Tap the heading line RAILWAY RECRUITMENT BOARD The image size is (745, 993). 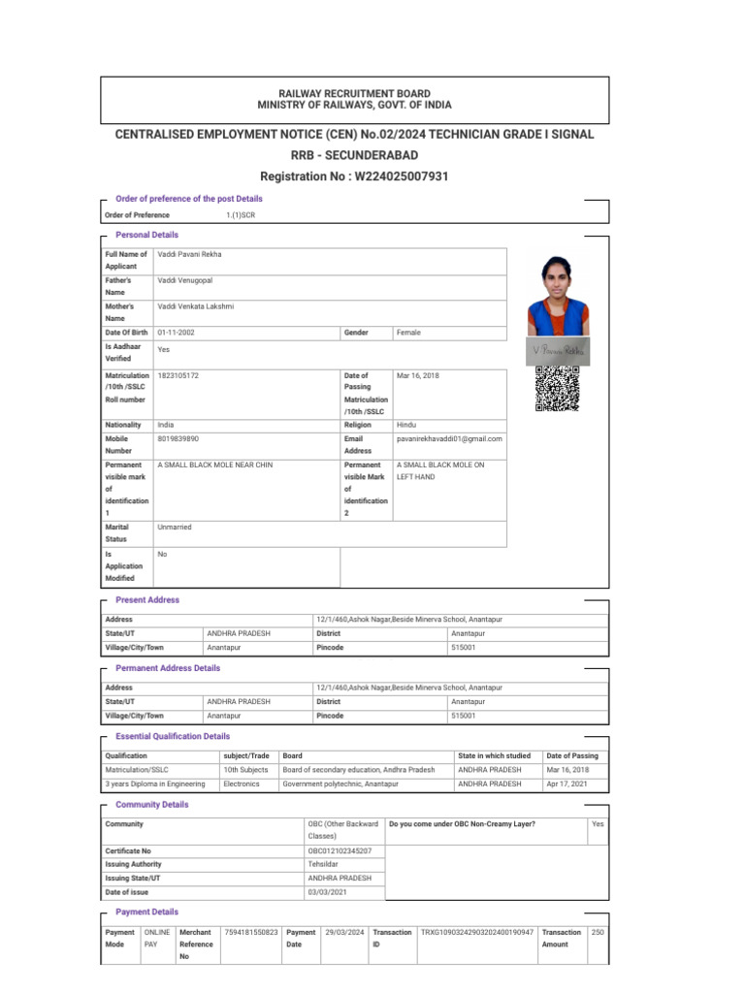354,93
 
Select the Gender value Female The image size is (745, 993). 408,332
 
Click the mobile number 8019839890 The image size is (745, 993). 178,439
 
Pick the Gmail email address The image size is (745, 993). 449,439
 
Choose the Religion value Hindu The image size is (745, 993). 407,425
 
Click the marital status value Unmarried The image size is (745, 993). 175,527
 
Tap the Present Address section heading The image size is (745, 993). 147,600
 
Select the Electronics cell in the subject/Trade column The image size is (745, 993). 242,784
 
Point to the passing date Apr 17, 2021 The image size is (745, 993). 566,784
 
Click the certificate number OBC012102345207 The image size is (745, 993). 340,850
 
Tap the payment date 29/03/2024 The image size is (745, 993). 344,932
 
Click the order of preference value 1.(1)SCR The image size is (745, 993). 241,214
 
